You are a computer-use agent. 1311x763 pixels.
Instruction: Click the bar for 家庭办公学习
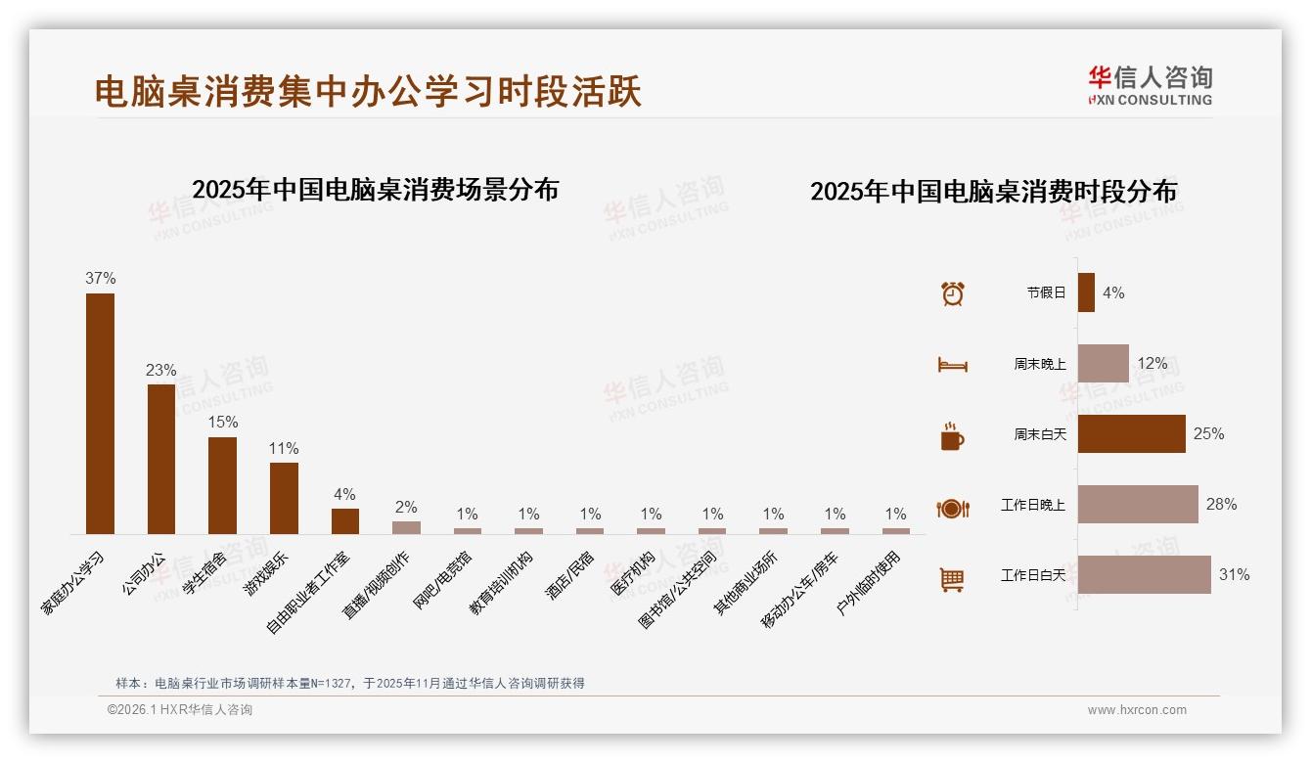100,413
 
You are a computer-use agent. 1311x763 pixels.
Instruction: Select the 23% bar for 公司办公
161,459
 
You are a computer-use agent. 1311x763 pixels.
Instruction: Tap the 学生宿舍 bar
222,485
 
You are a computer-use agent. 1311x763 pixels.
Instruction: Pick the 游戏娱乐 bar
284,498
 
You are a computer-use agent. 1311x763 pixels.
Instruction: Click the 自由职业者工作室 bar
345,521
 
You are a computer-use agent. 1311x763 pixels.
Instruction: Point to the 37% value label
100,278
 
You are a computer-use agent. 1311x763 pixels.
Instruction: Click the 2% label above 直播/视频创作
406,507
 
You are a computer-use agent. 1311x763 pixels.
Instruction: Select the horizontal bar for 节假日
1086,292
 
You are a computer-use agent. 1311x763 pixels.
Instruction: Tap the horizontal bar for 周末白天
1131,433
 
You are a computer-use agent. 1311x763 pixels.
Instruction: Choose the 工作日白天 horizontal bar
1144,575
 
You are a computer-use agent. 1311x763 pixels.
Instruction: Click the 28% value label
1221,505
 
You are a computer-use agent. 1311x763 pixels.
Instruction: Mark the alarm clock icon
952,293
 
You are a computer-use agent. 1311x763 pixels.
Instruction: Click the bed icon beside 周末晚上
952,365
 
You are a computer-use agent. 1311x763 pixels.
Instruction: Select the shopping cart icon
952,580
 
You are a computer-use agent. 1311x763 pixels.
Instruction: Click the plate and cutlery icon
952,509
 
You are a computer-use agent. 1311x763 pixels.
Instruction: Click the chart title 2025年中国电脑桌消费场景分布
375,190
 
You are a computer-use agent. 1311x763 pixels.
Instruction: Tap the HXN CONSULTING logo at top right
1150,86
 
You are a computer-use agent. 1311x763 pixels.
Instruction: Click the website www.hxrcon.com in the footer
1137,710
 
